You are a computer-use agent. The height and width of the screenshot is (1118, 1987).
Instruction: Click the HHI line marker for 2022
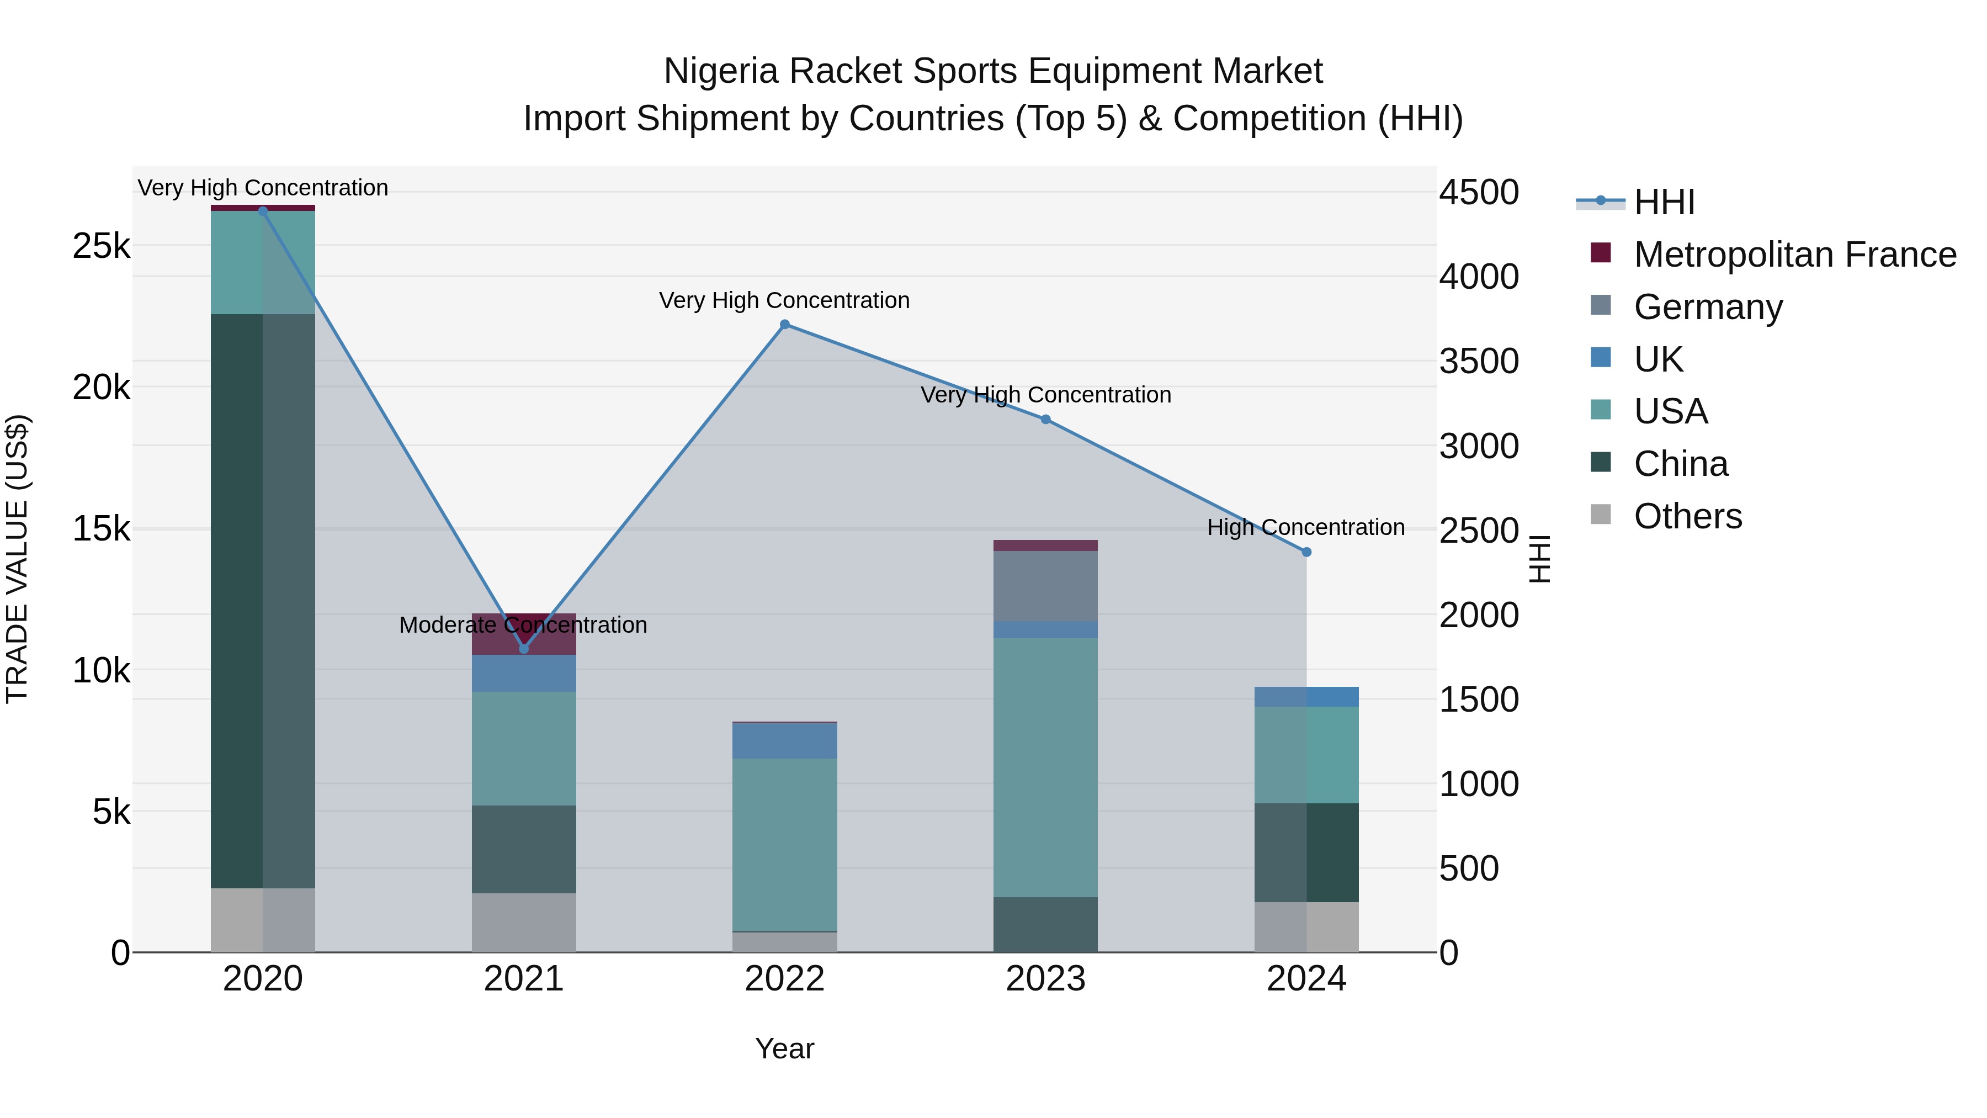784,325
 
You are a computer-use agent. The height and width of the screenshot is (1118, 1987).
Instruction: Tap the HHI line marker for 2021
524,649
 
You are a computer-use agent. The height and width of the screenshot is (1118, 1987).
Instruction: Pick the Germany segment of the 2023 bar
1045,586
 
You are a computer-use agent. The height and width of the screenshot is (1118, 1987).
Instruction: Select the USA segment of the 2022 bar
784,845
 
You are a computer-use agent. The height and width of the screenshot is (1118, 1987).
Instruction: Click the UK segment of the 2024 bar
1306,697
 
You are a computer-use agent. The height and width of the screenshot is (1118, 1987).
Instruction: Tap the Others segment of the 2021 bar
524,923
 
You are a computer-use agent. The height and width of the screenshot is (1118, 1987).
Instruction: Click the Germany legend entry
1708,307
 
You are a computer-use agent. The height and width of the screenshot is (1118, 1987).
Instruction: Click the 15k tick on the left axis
101,529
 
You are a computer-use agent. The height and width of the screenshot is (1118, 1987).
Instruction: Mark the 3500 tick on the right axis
1479,362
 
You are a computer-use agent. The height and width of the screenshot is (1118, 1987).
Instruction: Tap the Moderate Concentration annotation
523,625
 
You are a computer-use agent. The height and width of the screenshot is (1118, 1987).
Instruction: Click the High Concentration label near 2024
1305,528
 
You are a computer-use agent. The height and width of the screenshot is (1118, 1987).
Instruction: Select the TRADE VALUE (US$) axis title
17,559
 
